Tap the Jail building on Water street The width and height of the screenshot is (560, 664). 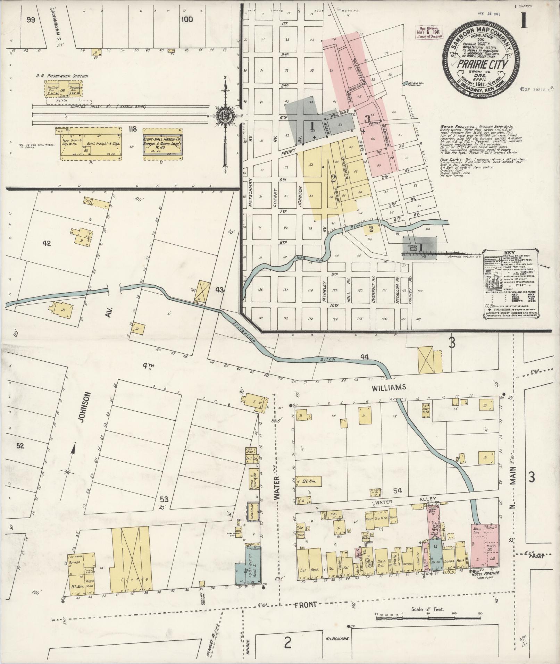click(249, 458)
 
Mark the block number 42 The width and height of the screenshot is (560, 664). click(47, 243)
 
